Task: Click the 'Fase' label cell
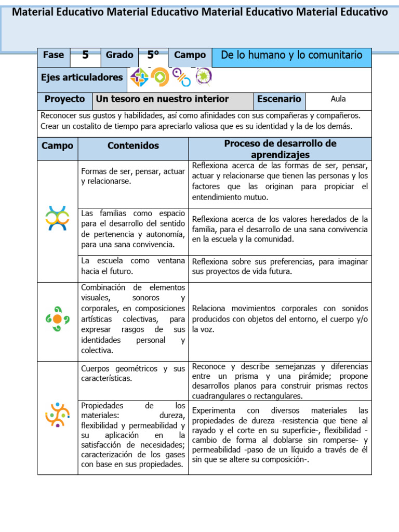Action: pos(54,55)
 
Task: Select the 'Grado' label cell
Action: pos(119,55)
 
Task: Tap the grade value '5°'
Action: pos(153,56)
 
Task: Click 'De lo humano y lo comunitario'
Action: pos(291,55)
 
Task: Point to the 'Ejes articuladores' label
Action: pos(82,78)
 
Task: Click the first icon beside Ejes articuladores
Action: pos(139,77)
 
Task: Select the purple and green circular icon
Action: pos(203,77)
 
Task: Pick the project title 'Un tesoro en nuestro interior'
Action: pos(162,99)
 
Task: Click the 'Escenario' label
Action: pos(279,99)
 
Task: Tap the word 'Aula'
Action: pos(338,99)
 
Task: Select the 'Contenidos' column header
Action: pos(133,146)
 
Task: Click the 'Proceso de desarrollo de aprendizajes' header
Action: pos(280,149)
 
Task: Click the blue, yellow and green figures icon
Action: pos(57,218)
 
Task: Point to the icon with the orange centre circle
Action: pos(57,318)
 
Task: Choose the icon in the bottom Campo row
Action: pos(57,414)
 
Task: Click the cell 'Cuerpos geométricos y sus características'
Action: pos(133,374)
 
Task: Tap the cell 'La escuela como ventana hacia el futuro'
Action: pos(133,266)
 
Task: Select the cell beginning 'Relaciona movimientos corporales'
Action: pos(280,318)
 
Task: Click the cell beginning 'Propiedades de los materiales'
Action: pos(133,434)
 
